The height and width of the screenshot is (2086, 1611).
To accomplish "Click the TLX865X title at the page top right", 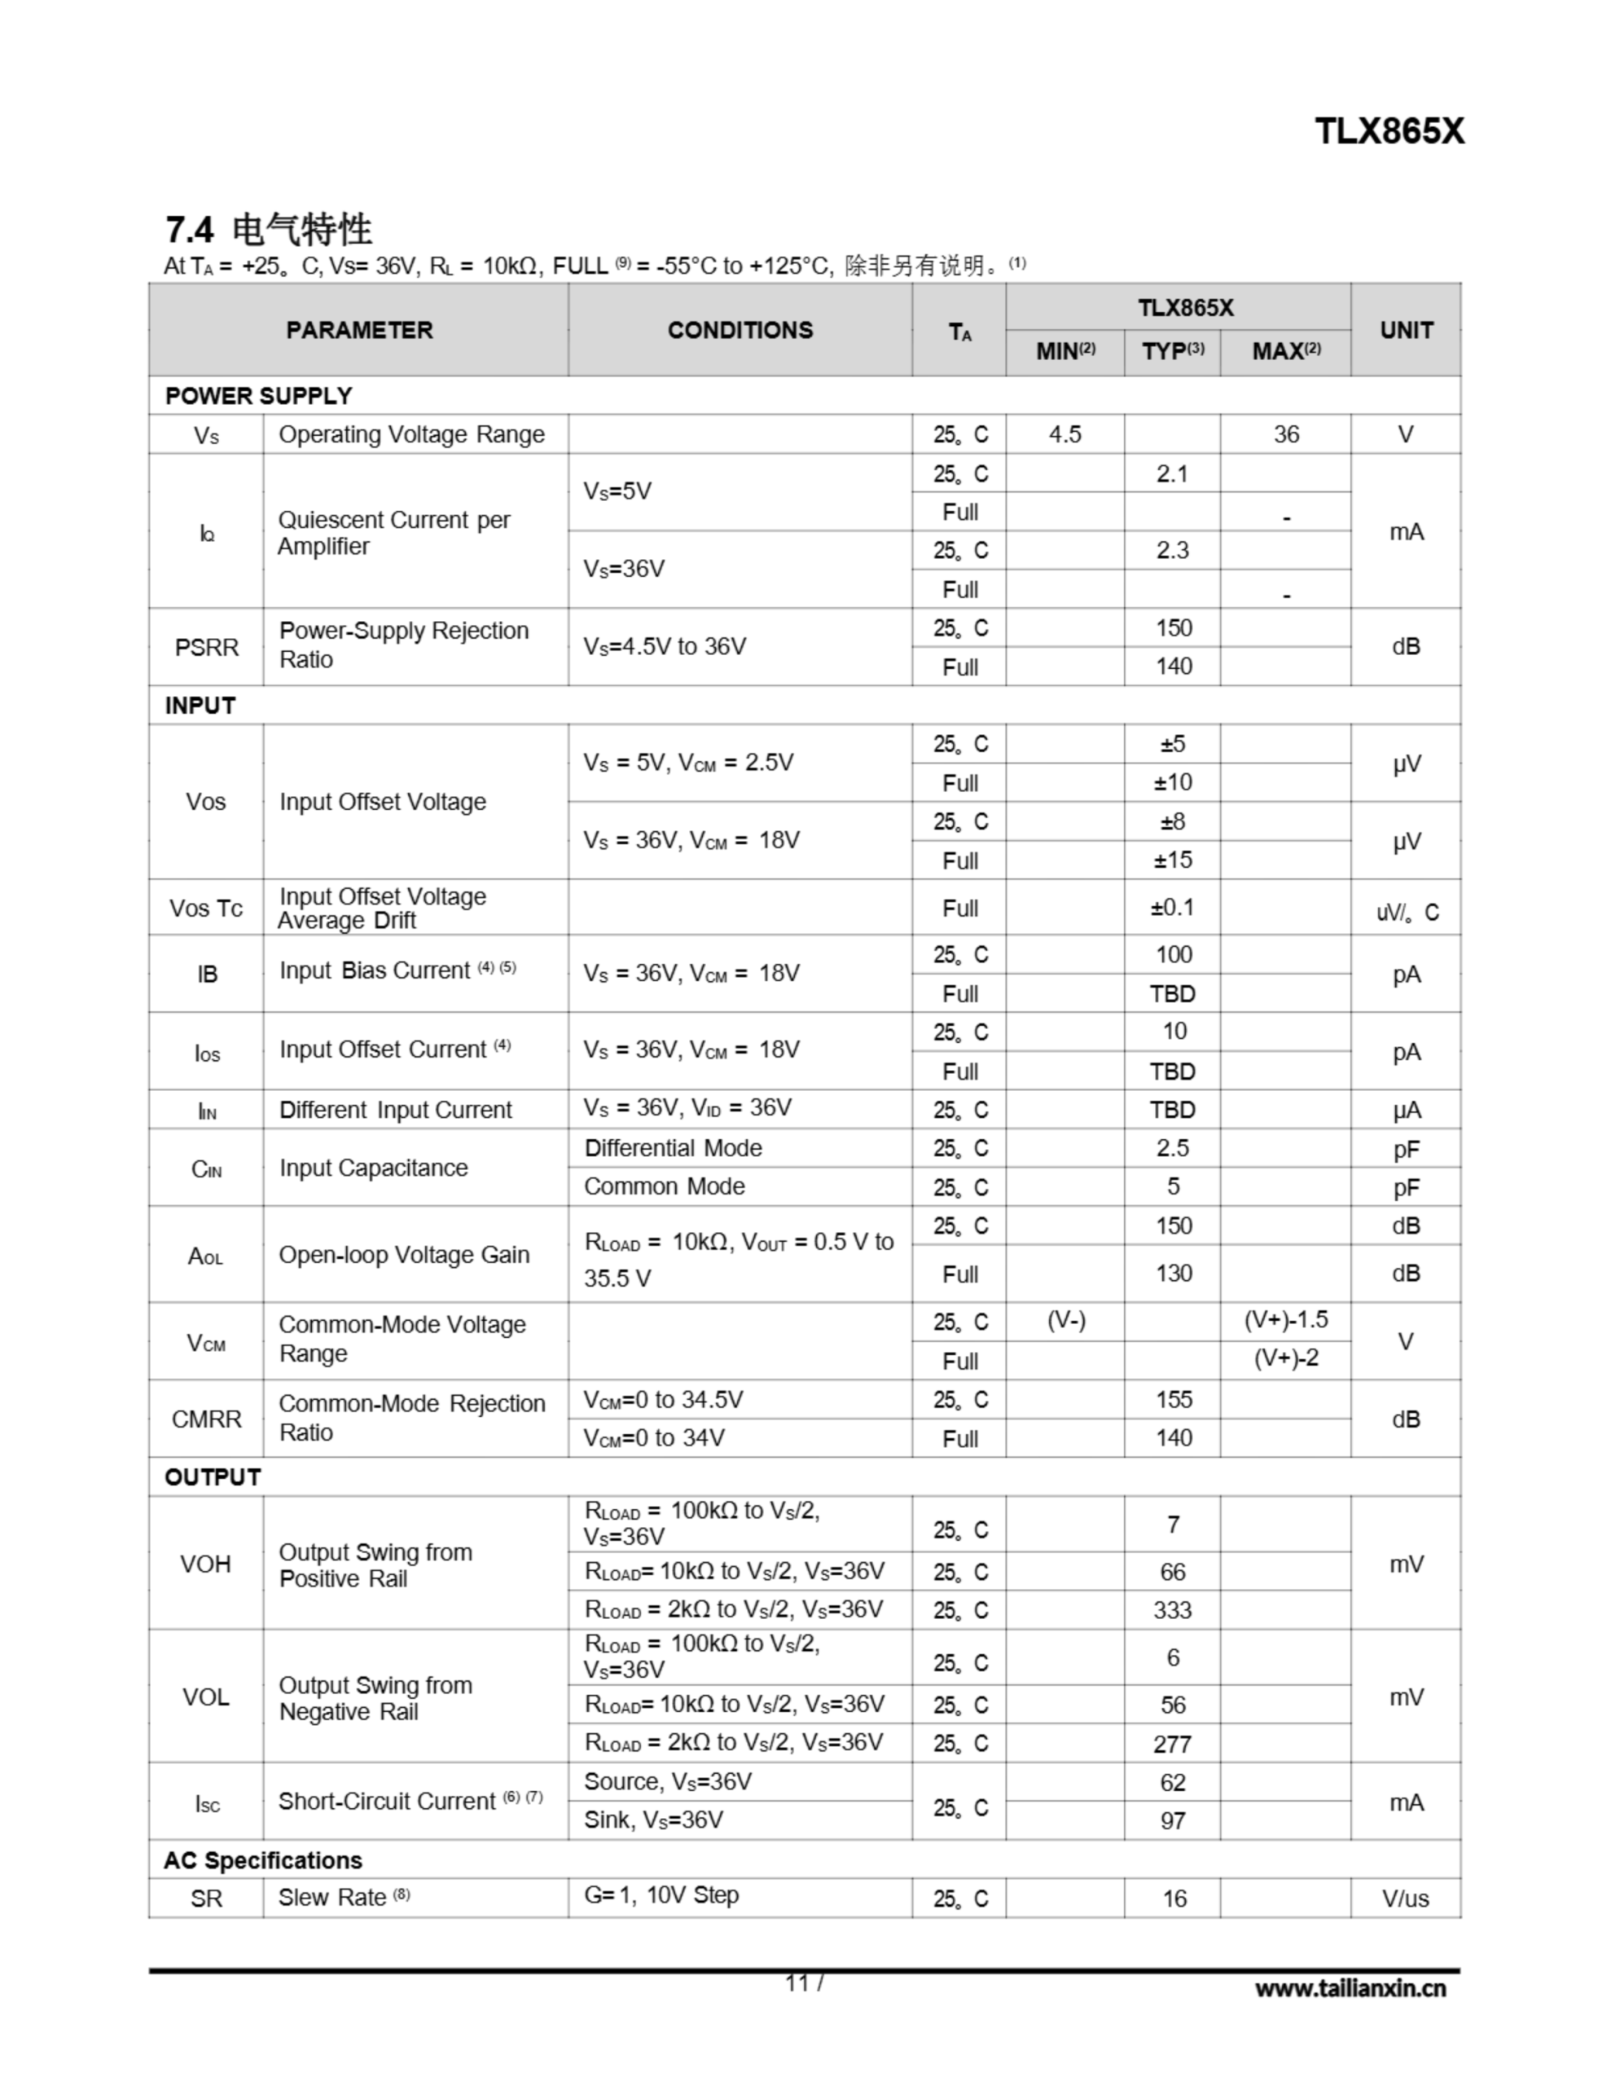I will point(1389,132).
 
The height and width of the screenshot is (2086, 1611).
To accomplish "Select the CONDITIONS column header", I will point(740,331).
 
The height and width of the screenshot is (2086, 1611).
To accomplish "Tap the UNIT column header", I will point(1406,331).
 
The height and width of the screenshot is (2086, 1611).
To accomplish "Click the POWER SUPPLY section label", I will point(259,395).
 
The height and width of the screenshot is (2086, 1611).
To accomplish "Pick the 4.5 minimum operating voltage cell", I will point(1064,434).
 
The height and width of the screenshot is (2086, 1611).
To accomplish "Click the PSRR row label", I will point(206,648).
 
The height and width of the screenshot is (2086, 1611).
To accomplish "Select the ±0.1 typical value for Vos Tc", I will point(1172,908).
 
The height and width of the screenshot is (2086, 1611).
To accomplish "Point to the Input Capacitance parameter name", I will point(373,1168).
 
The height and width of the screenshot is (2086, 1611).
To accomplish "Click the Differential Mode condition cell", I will point(674,1148).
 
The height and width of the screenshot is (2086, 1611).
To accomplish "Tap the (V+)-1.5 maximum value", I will point(1285,1320).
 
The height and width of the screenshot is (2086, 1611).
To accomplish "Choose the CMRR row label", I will point(206,1419).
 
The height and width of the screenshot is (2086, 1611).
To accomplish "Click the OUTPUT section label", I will point(213,1477).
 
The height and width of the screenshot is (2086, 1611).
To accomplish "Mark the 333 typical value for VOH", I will point(1172,1610).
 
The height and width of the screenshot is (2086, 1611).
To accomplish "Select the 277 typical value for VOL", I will point(1172,1744).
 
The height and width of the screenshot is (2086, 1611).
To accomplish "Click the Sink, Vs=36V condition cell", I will point(654,1820).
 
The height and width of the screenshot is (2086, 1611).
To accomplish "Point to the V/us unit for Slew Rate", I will point(1406,1899).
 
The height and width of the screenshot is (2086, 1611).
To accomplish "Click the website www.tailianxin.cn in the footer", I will point(1350,1988).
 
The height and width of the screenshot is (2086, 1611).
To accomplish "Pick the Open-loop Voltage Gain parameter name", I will point(404,1255).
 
